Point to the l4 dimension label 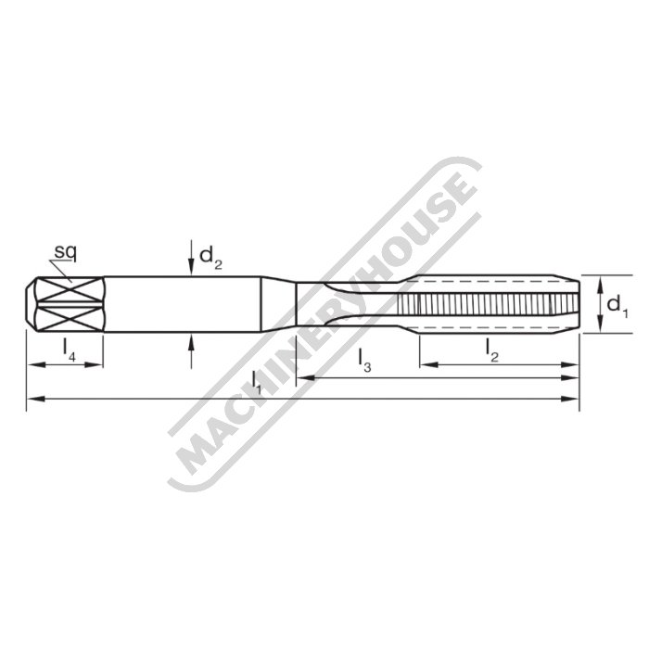pos(70,348)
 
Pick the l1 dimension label pos(257,380)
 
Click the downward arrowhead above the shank pos(191,268)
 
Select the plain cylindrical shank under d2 pos(185,303)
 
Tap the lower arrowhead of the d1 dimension pos(601,326)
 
